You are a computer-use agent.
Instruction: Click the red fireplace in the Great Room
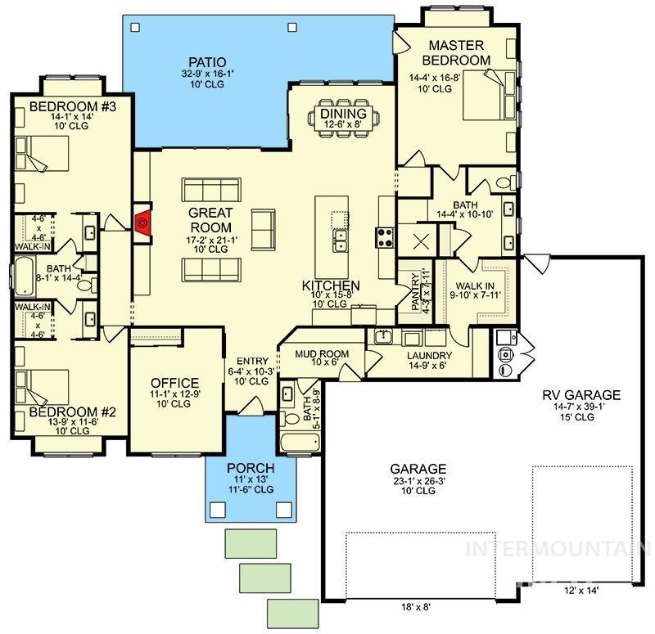pos(142,222)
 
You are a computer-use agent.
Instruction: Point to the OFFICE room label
pos(175,383)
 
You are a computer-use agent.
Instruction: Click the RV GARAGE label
pos(581,395)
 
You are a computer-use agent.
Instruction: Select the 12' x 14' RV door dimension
pos(581,589)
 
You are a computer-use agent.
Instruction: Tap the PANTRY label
pos(414,290)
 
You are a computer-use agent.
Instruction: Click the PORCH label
pos(250,468)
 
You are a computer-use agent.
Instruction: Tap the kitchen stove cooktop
pos(385,237)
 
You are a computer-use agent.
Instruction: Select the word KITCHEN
pos(331,286)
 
